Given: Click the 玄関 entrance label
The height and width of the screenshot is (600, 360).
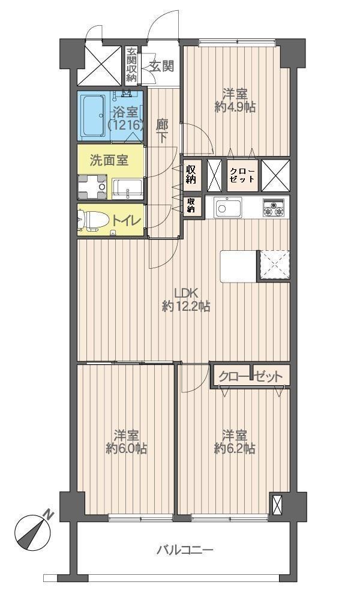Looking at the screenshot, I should (x=161, y=66).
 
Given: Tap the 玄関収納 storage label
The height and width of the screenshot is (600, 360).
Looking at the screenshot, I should (x=131, y=65).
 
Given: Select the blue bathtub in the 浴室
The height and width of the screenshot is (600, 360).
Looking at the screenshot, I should (x=93, y=115).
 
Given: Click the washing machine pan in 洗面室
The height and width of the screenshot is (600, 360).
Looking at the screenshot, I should (x=93, y=187).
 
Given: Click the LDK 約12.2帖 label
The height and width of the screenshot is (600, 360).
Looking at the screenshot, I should (x=186, y=300).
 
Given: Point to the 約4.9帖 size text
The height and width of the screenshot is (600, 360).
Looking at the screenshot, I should (x=236, y=108).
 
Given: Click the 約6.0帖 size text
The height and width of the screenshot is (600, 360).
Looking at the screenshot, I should (x=127, y=449).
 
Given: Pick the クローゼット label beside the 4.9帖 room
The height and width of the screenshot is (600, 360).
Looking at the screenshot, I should (x=242, y=175).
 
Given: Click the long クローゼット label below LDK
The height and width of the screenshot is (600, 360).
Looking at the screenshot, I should (x=250, y=377).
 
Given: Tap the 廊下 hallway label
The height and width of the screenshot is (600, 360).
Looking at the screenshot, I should (x=161, y=131).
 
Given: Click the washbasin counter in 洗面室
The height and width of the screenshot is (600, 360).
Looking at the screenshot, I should (x=127, y=188).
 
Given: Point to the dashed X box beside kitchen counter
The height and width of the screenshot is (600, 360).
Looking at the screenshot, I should (x=274, y=265).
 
